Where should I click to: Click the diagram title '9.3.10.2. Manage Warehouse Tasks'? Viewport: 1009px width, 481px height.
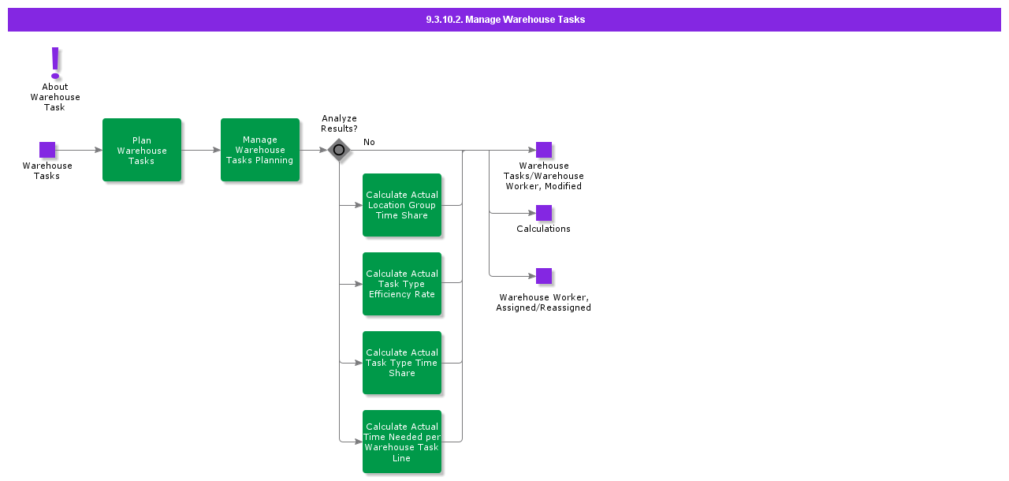pyautogui.click(x=504, y=20)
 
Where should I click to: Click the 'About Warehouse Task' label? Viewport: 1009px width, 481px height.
pyautogui.click(x=55, y=97)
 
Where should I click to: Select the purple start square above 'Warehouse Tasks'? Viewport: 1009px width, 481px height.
pyautogui.click(x=47, y=150)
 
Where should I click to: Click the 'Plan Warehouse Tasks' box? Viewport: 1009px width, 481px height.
pyautogui.click(x=142, y=150)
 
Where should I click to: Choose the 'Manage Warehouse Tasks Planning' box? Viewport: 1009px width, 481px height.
pyautogui.click(x=260, y=150)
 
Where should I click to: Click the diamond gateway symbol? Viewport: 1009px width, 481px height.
pyautogui.click(x=339, y=150)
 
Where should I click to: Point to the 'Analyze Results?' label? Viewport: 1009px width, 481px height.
pyautogui.click(x=339, y=124)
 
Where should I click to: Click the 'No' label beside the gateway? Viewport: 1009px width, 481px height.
pyautogui.click(x=369, y=142)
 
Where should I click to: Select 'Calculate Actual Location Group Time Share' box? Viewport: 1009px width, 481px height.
pyautogui.click(x=402, y=205)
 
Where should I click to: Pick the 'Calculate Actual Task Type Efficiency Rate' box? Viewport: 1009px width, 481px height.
pyautogui.click(x=402, y=284)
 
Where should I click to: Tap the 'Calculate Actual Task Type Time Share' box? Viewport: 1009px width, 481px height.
pyautogui.click(x=402, y=363)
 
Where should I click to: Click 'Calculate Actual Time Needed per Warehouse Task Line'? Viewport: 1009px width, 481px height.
pyautogui.click(x=402, y=442)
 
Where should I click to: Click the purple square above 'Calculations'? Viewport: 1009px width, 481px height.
pyautogui.click(x=544, y=213)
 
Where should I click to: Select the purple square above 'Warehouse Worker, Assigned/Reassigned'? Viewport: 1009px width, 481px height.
pyautogui.click(x=544, y=276)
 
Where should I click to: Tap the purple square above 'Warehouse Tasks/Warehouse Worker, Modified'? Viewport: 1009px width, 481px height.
pyautogui.click(x=544, y=150)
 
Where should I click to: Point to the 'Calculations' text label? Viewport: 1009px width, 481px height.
pyautogui.click(x=543, y=229)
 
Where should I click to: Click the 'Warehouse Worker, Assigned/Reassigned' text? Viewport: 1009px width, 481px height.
pyautogui.click(x=543, y=303)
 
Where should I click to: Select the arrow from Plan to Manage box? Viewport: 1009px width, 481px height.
pyautogui.click(x=201, y=150)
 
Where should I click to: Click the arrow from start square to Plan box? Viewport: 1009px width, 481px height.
pyautogui.click(x=79, y=150)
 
